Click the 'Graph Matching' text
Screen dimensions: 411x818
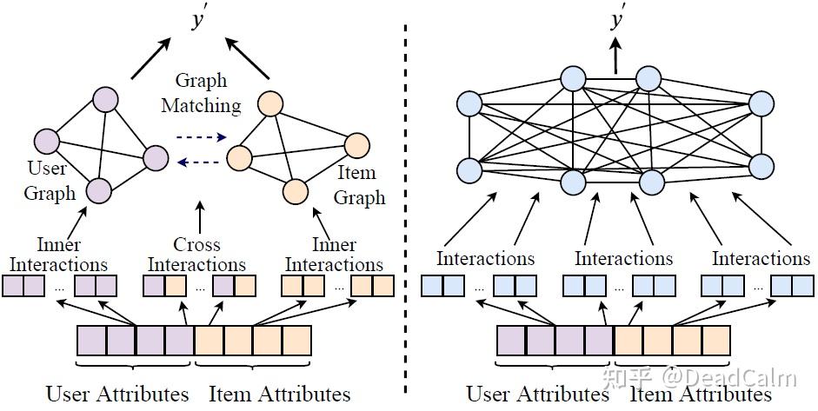pyautogui.click(x=208, y=93)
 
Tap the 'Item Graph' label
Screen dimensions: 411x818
pyautogui.click(x=359, y=186)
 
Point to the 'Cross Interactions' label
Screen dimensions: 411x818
pyautogui.click(x=196, y=255)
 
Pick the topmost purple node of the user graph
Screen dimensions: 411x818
pyautogui.click(x=106, y=98)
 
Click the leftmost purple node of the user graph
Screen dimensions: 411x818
pyautogui.click(x=46, y=140)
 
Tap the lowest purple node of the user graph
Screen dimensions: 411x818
pyautogui.click(x=98, y=189)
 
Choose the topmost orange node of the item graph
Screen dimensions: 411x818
pyautogui.click(x=269, y=104)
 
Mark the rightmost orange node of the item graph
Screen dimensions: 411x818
pyautogui.click(x=356, y=145)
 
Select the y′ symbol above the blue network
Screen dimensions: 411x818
pyautogui.click(x=618, y=21)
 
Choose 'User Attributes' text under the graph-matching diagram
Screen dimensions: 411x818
pyautogui.click(x=117, y=394)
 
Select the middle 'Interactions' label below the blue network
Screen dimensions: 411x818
pyautogui.click(x=623, y=258)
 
